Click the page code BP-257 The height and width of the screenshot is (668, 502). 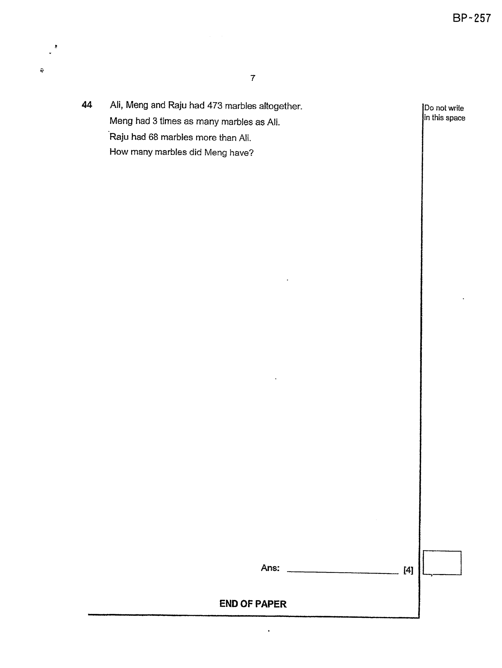click(471, 18)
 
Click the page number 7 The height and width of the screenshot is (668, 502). click(253, 78)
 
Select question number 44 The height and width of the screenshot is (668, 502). click(87, 105)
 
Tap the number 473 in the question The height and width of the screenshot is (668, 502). click(215, 105)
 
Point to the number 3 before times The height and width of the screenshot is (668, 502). click(155, 121)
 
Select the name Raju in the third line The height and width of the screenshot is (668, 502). click(119, 137)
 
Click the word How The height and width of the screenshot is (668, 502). click(119, 152)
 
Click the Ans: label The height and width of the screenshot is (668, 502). click(270, 568)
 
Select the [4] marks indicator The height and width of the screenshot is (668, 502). click(408, 570)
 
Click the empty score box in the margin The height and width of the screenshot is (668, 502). click(442, 551)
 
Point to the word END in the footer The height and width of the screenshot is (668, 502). click(229, 604)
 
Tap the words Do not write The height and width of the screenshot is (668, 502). click(444, 108)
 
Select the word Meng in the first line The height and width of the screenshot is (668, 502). click(137, 105)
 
